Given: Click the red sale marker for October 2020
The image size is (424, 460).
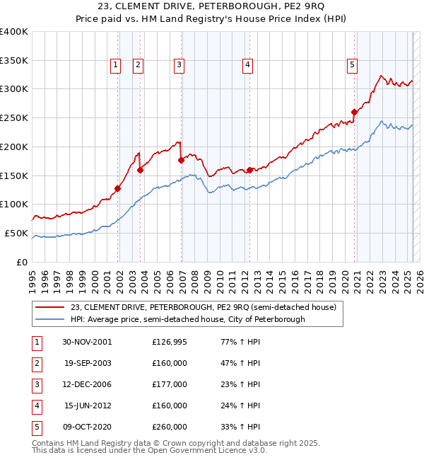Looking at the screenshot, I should pos(354,111).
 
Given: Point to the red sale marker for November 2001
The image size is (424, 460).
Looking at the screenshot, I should pos(118,188).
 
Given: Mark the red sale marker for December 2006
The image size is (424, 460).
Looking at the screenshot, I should pos(182,160).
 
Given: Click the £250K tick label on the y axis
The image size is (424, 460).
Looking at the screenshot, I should pos(13,117).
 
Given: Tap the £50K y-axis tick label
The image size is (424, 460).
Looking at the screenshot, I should pos(16,233).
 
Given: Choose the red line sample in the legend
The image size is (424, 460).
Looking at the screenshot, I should pos(50,307).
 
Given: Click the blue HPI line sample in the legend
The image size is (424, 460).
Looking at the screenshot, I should pos(50,319).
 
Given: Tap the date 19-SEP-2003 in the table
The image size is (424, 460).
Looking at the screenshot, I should pos(88,363).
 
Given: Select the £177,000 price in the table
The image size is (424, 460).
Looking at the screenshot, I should pos(170,384).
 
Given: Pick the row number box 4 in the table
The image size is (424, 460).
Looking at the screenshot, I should pos(36,406).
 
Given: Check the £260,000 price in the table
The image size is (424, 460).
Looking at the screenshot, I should pos(170,427).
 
